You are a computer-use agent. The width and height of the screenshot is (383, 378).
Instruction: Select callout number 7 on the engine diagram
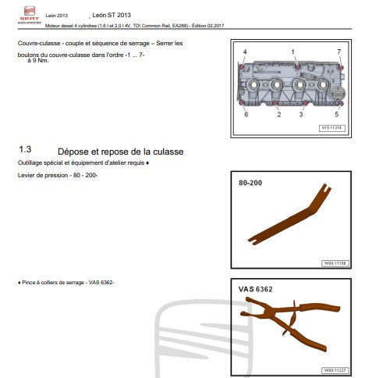click(339, 52)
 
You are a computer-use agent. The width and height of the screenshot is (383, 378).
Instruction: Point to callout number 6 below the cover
click(246, 114)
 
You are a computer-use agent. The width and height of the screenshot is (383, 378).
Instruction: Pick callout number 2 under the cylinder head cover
click(278, 115)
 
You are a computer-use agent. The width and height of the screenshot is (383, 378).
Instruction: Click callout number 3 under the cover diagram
click(300, 115)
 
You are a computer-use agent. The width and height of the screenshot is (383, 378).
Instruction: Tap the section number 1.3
click(25, 149)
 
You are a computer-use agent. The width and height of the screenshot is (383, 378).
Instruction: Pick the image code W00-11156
click(333, 263)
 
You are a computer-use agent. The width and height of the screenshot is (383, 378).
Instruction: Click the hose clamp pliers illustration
click(288, 321)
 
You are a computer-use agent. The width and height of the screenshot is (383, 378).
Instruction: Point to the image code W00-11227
click(333, 370)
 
